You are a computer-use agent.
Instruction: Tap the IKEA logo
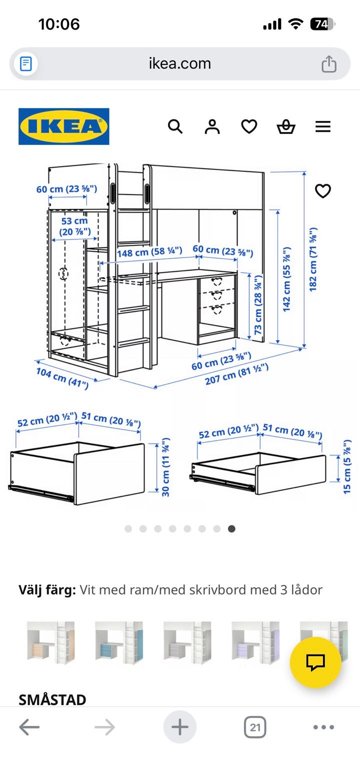point(63,126)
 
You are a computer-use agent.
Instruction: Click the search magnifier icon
point(175,126)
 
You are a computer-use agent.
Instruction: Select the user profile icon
point(212,126)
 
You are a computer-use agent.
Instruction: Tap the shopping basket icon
point(286,126)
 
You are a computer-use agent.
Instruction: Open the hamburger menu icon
point(323,126)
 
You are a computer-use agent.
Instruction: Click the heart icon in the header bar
point(249,126)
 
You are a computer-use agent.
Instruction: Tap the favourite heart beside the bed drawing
point(323,190)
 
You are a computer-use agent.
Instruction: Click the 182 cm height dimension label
point(313,259)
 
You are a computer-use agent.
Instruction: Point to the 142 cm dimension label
point(286,279)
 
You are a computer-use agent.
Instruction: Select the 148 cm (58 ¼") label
point(149,252)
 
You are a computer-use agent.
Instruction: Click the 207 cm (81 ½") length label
point(237,374)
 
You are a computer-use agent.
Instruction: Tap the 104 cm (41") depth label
point(62,378)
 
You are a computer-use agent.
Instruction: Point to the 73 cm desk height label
point(257,304)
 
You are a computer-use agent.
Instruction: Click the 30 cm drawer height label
point(165,466)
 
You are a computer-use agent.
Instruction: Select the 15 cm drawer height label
point(347,467)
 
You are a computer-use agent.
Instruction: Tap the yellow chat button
point(315,662)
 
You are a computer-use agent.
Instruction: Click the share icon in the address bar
point(328,63)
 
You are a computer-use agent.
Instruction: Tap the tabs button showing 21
point(255,727)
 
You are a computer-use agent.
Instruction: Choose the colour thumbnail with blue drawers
point(119,642)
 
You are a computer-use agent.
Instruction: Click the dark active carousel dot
point(231,528)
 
